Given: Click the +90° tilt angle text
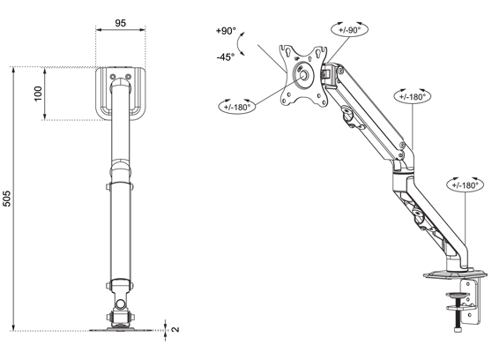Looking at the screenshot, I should (225, 31).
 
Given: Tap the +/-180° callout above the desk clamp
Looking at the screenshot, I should (464, 185).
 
